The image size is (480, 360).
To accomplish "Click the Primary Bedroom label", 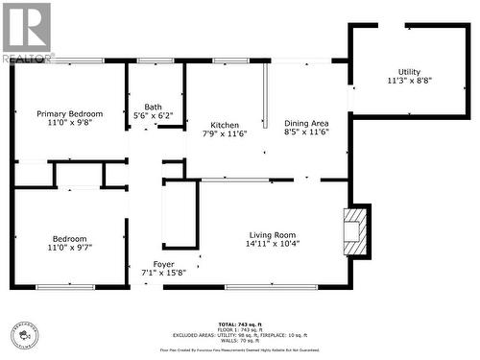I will click(x=70, y=113).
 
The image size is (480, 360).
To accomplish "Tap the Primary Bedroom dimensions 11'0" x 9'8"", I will click(x=70, y=123).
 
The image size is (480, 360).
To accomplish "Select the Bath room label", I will click(x=154, y=107).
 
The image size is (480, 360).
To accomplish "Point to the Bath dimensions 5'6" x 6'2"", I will click(x=154, y=116).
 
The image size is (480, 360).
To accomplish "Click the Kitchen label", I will click(x=225, y=125).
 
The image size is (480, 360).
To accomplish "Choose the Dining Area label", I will click(x=306, y=123).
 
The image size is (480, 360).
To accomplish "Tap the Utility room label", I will click(x=409, y=72).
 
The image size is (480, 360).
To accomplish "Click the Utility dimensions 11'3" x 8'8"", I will click(x=409, y=82).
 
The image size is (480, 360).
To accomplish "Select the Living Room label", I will click(x=273, y=234).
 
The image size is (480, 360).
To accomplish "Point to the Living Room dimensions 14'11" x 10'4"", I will click(x=273, y=244).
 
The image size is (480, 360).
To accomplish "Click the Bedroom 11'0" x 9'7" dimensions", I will click(x=70, y=249).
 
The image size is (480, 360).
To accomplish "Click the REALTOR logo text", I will click(x=28, y=59).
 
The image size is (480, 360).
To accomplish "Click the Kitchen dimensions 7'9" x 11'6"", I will click(x=225, y=134).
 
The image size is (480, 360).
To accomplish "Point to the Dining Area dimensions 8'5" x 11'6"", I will click(x=306, y=132).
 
